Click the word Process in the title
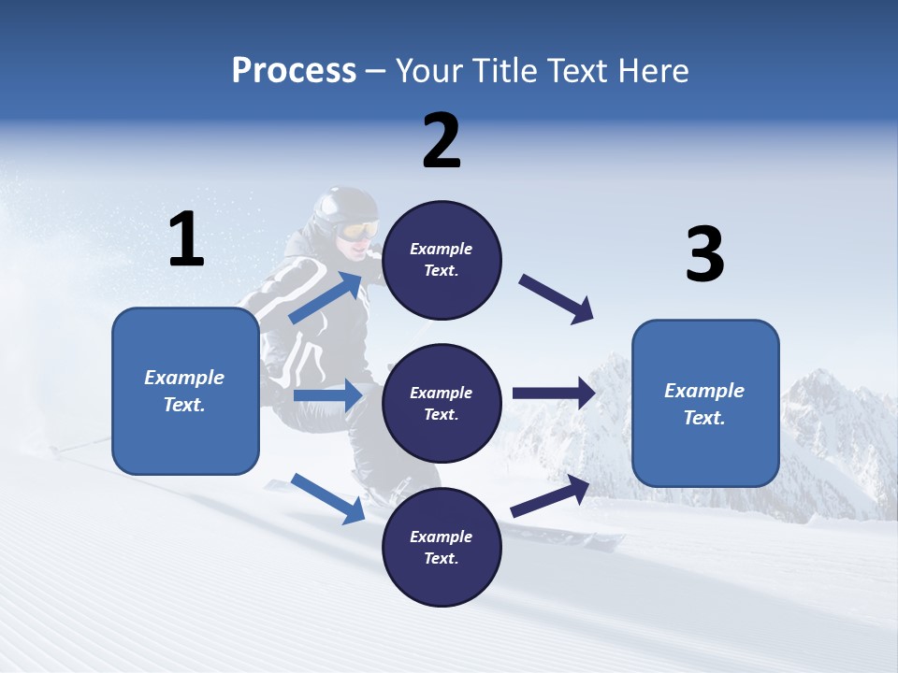tap(294, 71)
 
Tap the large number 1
tap(186, 239)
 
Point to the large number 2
tap(442, 142)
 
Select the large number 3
tap(705, 255)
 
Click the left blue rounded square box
tap(185, 391)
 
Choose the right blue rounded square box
tap(705, 403)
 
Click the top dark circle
tap(442, 261)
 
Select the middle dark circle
tap(442, 404)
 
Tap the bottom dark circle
tap(442, 547)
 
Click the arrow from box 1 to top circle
tap(326, 298)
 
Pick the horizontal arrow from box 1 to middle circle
tap(326, 395)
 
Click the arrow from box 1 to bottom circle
tap(328, 498)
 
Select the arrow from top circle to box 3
tap(557, 299)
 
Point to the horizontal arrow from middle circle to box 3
tap(554, 394)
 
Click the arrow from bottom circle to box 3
tap(551, 496)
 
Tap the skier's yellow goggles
tap(359, 229)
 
